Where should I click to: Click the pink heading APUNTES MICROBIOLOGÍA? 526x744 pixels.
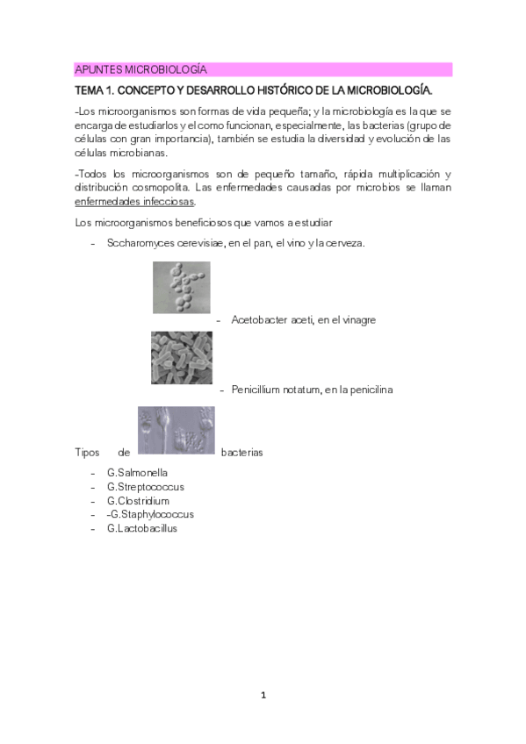coord(141,69)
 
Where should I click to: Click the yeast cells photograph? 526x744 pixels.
coord(182,288)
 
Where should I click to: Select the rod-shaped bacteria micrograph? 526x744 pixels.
coord(181,357)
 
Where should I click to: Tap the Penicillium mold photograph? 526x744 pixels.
coord(177,430)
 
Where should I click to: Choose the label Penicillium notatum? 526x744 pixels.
coord(277,390)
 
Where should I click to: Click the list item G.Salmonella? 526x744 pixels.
coord(137,473)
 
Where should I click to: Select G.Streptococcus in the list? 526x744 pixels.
coord(145,487)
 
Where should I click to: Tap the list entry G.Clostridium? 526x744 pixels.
coord(138,501)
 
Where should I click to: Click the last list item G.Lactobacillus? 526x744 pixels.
coord(141,528)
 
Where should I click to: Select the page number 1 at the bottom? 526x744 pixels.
coord(263,696)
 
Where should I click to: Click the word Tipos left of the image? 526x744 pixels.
coord(88,453)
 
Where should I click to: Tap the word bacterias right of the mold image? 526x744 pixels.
coord(241,453)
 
